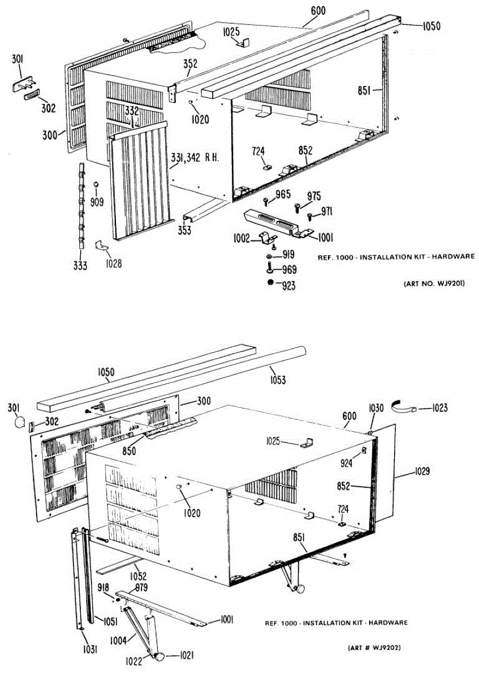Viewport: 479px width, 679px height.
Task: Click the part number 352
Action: click(x=190, y=64)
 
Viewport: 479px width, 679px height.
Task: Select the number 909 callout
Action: click(x=97, y=201)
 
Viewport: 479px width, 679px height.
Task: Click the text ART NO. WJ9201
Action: click(x=434, y=283)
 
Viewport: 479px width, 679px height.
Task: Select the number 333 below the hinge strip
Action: click(x=80, y=265)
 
